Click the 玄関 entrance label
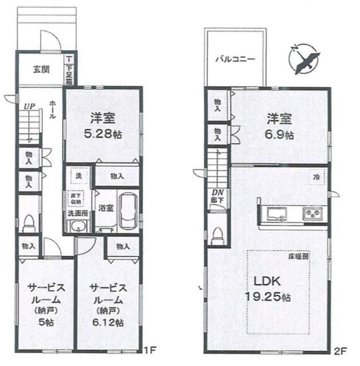41,70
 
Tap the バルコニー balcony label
235,59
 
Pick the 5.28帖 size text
103,134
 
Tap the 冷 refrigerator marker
317,177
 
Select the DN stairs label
217,193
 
